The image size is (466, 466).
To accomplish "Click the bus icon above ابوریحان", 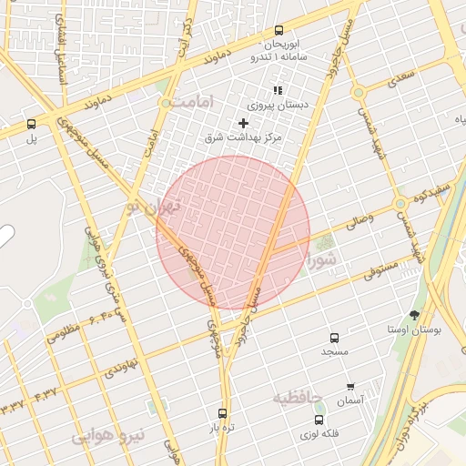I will (x=279, y=30).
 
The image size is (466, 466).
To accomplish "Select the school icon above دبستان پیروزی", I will (x=278, y=90).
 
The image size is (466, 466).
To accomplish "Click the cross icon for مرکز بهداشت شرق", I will (x=243, y=123).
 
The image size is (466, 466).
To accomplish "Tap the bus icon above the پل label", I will (x=32, y=124).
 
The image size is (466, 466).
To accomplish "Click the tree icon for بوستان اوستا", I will (x=415, y=315).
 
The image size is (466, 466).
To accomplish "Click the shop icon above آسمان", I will (x=350, y=387).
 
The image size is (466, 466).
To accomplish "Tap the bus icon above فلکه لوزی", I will (x=319, y=420).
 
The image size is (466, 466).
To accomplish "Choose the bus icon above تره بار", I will (x=223, y=412).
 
